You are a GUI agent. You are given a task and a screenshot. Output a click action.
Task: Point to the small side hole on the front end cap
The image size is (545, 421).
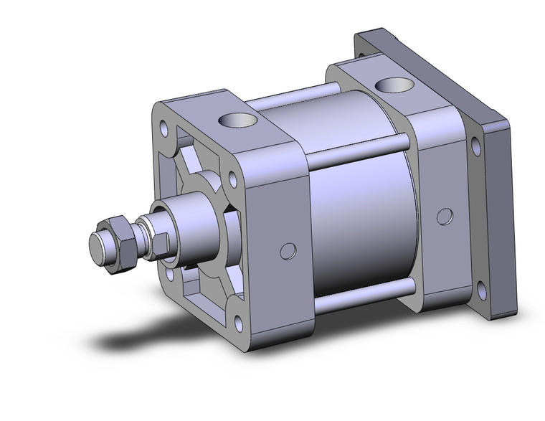[x=288, y=250]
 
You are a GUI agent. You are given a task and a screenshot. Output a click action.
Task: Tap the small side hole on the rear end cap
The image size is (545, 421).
[x=445, y=216]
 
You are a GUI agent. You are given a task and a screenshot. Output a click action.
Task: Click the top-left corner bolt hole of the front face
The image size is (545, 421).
[x=164, y=130]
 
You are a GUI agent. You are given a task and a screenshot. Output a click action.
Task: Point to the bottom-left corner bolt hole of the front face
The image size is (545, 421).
[x=169, y=273]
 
